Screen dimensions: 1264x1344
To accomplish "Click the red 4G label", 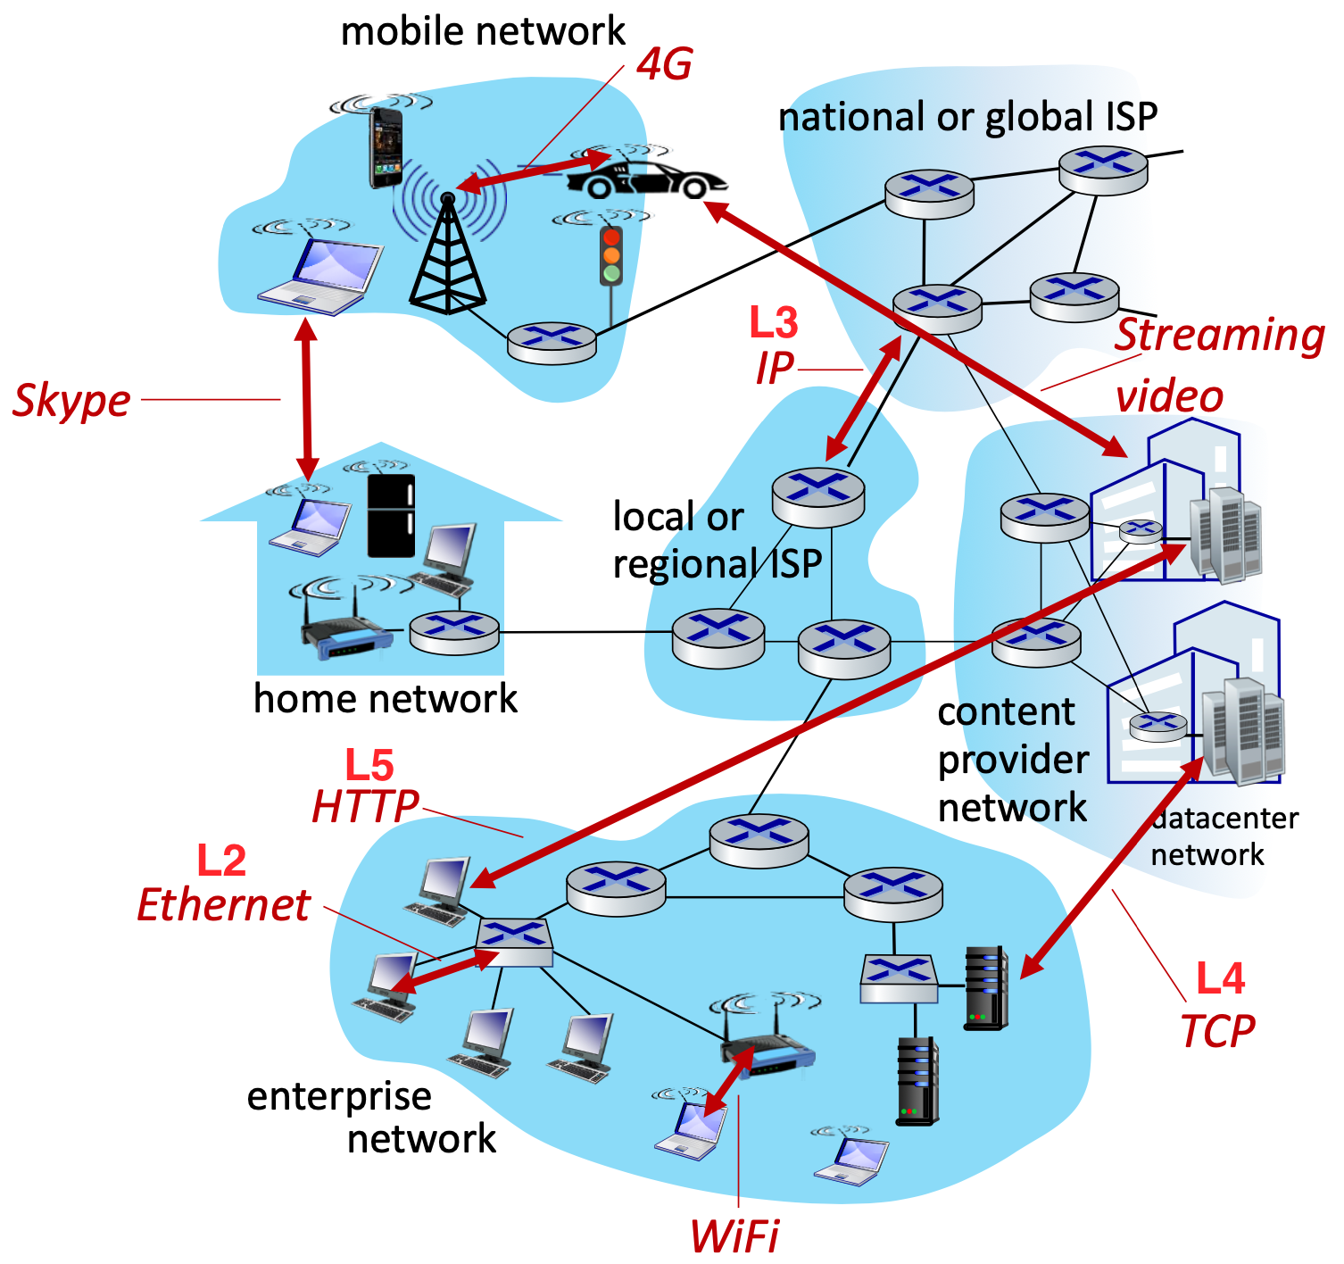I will click(x=665, y=64).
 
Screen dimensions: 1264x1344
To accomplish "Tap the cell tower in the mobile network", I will click(x=447, y=254).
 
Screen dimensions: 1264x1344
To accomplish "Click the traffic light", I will click(x=611, y=255).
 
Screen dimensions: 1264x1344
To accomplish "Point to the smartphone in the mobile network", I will click(x=386, y=147).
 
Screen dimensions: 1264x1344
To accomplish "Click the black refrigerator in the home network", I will click(x=391, y=516).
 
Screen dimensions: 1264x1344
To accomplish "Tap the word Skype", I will click(x=71, y=400).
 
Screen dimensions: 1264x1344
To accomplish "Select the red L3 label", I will click(x=773, y=322).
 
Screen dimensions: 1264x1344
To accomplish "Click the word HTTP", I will click(x=365, y=807).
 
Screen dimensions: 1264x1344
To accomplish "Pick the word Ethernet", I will click(x=224, y=905).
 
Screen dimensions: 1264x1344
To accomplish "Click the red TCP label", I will click(x=1217, y=1032).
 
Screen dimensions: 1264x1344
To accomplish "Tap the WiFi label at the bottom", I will click(x=734, y=1237).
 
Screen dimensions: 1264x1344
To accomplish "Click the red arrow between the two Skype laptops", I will click(x=307, y=400).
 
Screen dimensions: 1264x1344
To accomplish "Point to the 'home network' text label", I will click(x=385, y=698).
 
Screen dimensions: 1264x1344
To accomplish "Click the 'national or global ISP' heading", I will click(x=967, y=117).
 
